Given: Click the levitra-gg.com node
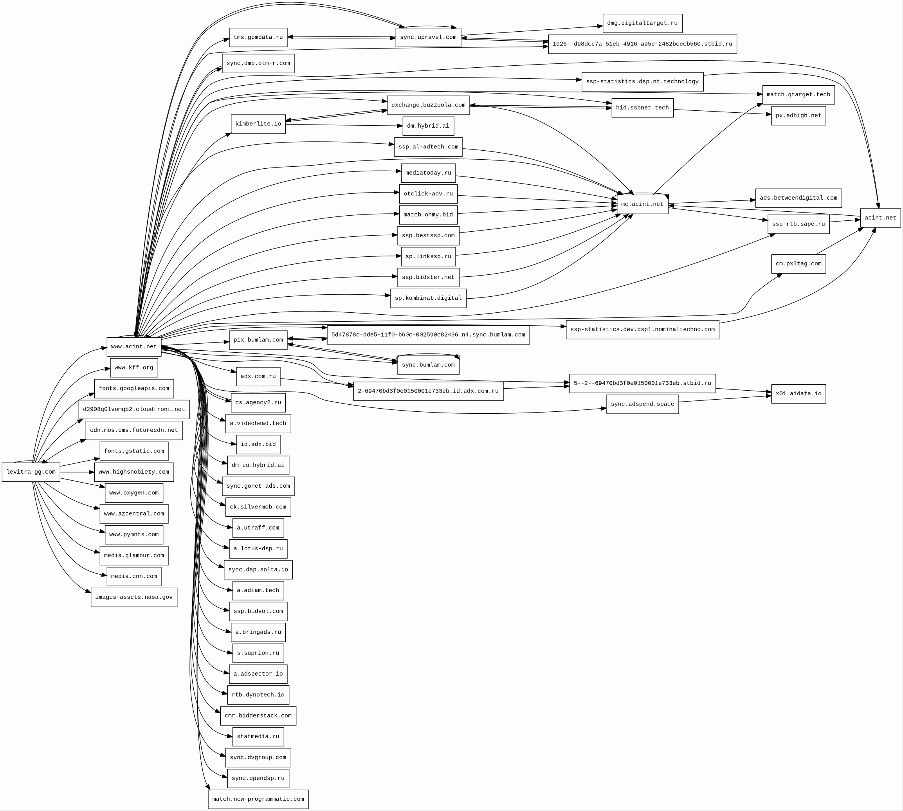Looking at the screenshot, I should [x=31, y=472].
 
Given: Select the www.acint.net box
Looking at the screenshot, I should [x=134, y=347].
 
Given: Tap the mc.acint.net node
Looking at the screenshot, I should [x=642, y=204].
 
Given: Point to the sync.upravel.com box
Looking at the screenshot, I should [x=428, y=38].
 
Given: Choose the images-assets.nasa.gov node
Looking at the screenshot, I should [x=134, y=597].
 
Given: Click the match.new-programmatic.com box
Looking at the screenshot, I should [x=258, y=799].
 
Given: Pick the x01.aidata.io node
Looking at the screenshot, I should [x=798, y=394].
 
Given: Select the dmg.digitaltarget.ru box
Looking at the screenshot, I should [x=642, y=23].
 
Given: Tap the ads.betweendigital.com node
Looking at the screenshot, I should [x=798, y=198].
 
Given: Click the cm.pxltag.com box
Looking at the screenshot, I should [x=798, y=264].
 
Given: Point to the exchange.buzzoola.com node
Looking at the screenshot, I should [x=428, y=105].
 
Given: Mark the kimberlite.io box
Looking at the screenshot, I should [x=258, y=124].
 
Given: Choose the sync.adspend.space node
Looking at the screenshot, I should [x=642, y=404].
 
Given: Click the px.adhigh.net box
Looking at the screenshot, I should [x=798, y=116].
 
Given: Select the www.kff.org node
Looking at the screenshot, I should [x=134, y=368].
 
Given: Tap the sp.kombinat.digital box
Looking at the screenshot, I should [x=428, y=298].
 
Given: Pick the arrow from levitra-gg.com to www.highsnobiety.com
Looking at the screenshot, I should [x=77, y=472].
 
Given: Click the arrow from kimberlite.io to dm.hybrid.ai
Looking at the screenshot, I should [x=343, y=125].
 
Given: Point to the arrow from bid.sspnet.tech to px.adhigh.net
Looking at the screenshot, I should [x=722, y=112].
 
